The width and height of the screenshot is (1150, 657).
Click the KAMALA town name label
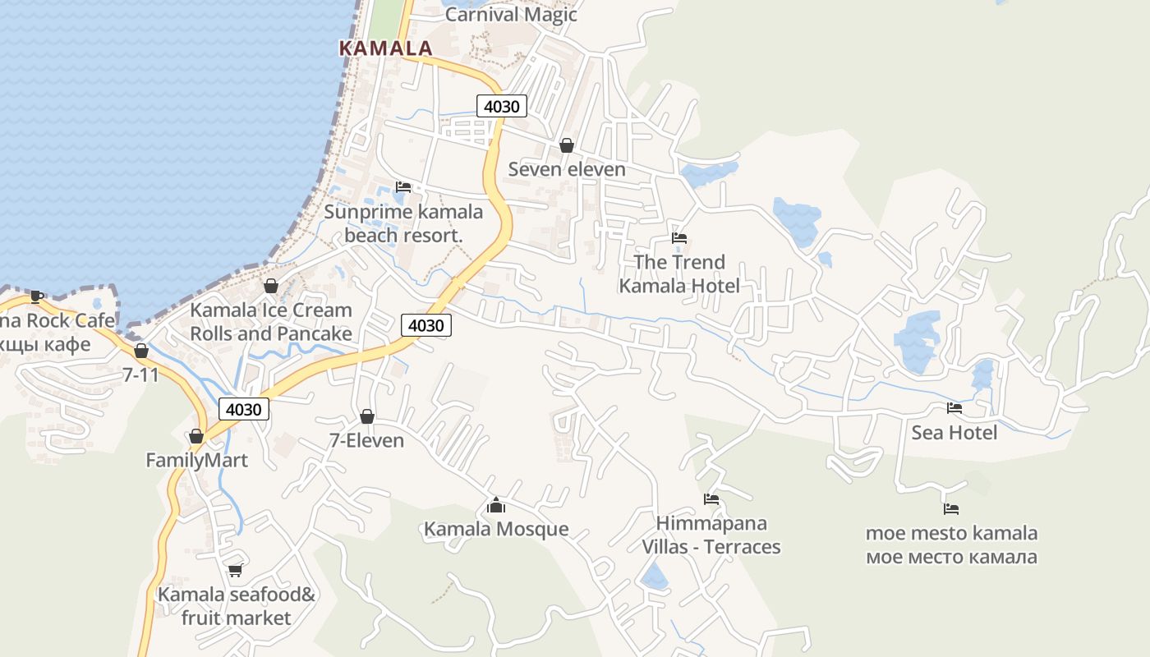[x=386, y=48]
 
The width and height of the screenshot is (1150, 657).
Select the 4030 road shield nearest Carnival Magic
[x=502, y=106]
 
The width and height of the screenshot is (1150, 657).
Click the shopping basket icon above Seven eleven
[x=567, y=146]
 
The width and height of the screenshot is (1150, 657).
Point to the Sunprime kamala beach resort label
[x=403, y=223]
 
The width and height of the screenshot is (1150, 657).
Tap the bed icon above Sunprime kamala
[x=403, y=187]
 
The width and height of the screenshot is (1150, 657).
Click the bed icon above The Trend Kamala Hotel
[x=679, y=238]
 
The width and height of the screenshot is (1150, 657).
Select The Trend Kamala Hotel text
[x=679, y=274]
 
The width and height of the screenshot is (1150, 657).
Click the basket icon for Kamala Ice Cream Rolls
[x=271, y=286]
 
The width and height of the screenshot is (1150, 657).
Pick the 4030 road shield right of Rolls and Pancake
[x=426, y=325]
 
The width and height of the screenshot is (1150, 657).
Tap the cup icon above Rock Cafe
[x=37, y=296]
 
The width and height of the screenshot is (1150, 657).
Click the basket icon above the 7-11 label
[x=141, y=351]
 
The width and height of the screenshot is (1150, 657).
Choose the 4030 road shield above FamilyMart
[x=244, y=409]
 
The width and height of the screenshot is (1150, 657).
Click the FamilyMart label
[x=196, y=460]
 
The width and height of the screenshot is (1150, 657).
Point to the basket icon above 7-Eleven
[x=367, y=416]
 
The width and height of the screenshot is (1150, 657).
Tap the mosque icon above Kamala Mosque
[x=496, y=505]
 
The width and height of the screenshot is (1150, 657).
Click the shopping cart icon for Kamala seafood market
[x=236, y=570]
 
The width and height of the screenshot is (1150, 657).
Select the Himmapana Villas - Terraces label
[x=711, y=535]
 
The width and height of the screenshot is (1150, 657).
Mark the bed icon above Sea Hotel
[x=954, y=407]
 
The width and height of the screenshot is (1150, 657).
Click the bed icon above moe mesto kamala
[x=951, y=509]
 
